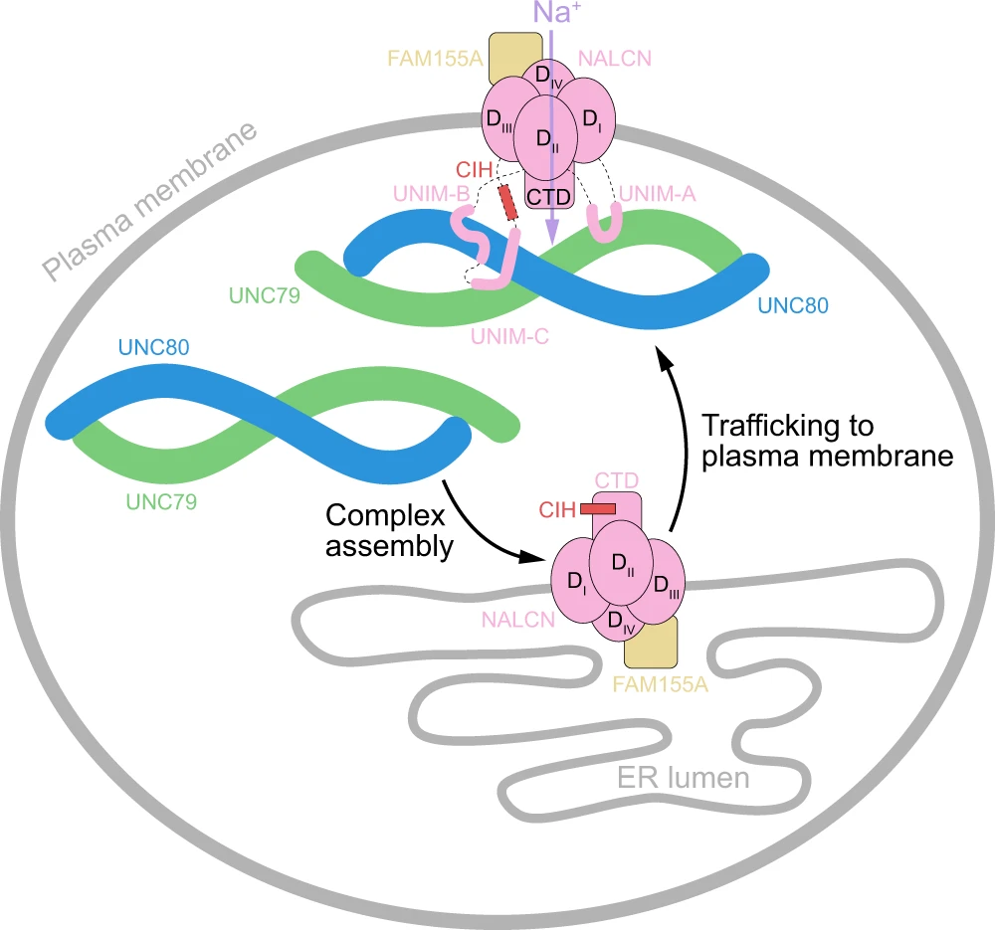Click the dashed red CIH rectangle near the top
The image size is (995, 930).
pyautogui.click(x=509, y=202)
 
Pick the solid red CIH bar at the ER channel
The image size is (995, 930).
pyautogui.click(x=597, y=508)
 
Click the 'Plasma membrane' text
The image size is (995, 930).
pyautogui.click(x=149, y=199)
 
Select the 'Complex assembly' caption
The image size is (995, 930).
pyautogui.click(x=387, y=530)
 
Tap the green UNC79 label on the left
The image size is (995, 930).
pyautogui.click(x=161, y=502)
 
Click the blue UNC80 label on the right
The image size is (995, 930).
pyautogui.click(x=792, y=304)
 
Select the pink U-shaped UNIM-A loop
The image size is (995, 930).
pyautogui.click(x=604, y=224)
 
